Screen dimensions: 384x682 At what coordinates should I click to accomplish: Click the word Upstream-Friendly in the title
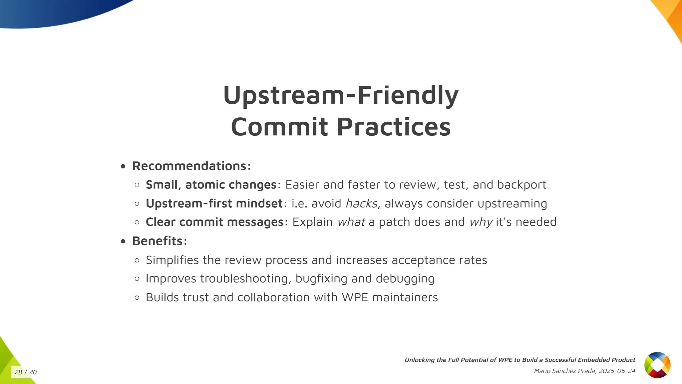click(341, 96)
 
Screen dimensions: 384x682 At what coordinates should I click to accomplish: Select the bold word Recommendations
click(189, 166)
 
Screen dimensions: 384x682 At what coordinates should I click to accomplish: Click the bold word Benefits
click(157, 241)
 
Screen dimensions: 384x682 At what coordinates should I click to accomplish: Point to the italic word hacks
click(361, 203)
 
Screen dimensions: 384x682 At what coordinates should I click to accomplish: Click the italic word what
click(351, 222)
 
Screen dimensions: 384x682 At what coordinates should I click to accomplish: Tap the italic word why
click(481, 222)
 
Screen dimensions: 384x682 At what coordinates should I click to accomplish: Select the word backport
click(521, 185)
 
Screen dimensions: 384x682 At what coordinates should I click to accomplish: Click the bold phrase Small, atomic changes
click(211, 185)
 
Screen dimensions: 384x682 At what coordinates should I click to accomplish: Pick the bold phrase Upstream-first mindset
click(214, 203)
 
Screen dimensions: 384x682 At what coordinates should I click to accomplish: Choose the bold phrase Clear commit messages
click(214, 222)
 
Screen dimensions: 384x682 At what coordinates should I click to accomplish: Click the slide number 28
click(18, 372)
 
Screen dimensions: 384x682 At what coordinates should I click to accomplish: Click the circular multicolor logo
click(657, 365)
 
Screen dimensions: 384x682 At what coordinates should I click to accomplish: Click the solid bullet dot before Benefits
click(123, 241)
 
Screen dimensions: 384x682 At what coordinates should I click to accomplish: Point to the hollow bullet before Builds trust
click(137, 298)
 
